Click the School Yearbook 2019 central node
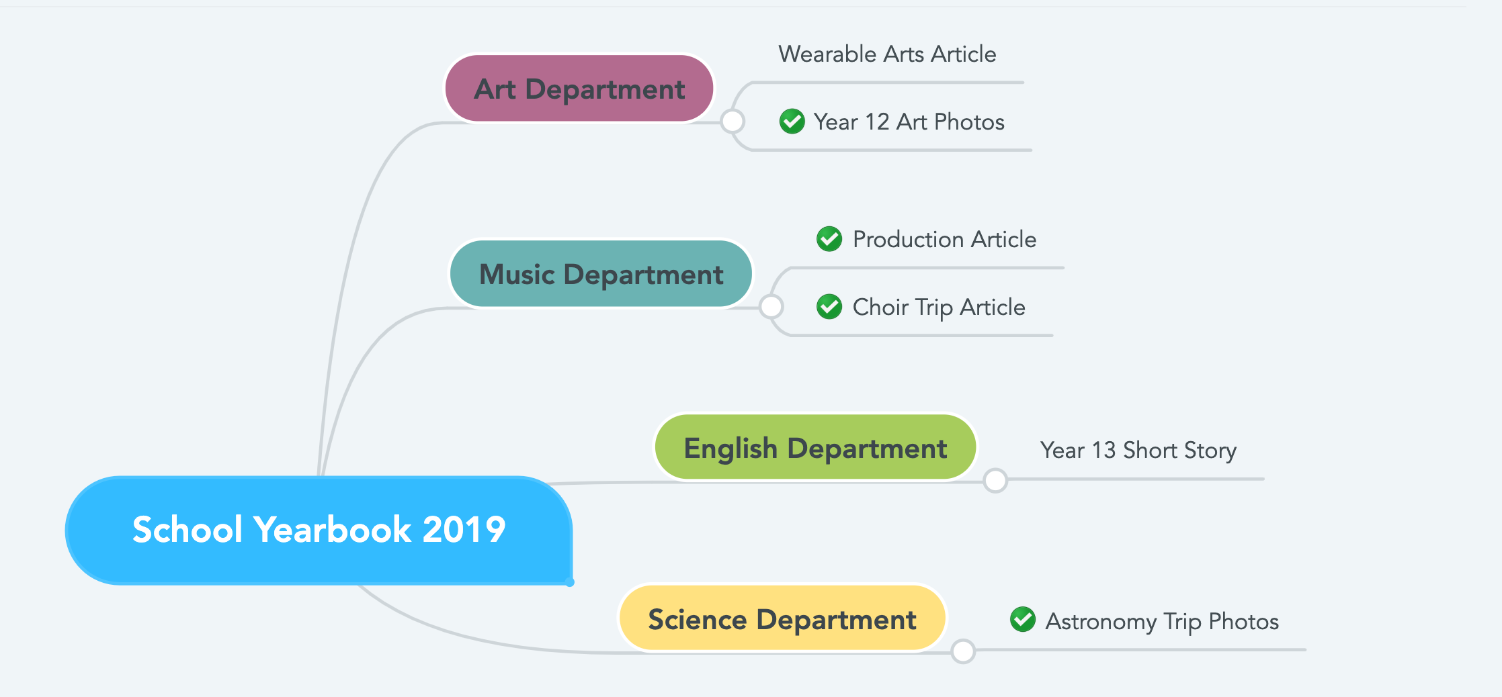[x=319, y=530]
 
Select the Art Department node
[x=579, y=89]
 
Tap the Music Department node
[x=601, y=274]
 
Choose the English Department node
[x=815, y=448]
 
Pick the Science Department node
[x=782, y=618]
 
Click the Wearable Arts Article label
[x=887, y=54]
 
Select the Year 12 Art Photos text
[x=909, y=122]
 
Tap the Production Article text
[x=944, y=239]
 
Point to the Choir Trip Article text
[x=939, y=307]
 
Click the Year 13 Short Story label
[x=1138, y=450]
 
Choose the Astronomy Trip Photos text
[x=1162, y=621]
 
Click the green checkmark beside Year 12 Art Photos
[x=792, y=122]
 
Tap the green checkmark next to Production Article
[x=829, y=238]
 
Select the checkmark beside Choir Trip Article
[x=829, y=306]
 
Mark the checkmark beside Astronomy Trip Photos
[x=1023, y=619]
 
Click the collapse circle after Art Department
[x=733, y=122]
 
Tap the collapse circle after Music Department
[x=771, y=307]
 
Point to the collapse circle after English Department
[x=995, y=480]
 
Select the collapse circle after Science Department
[x=964, y=651]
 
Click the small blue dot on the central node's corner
[x=570, y=582]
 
